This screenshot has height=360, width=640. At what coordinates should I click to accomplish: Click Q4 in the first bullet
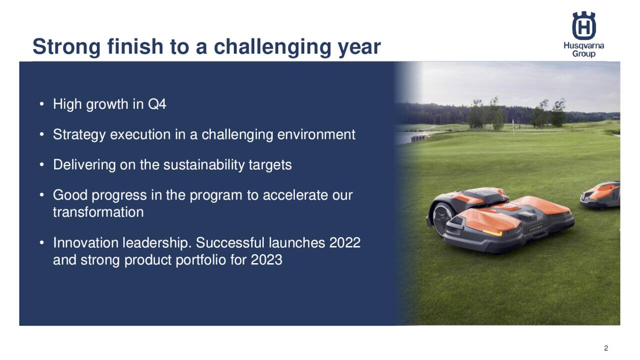coord(157,104)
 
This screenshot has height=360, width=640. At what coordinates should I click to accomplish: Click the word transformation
coord(98,212)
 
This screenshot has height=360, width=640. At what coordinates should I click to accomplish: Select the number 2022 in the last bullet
coord(344,242)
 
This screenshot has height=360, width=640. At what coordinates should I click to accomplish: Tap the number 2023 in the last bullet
coord(266,260)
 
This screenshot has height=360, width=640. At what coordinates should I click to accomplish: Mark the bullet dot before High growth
coord(41,104)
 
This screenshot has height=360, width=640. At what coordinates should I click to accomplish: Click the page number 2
coord(606,348)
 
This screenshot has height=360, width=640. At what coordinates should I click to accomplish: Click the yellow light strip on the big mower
coord(492,232)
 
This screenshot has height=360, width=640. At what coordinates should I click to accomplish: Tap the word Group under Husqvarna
coord(583,54)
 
